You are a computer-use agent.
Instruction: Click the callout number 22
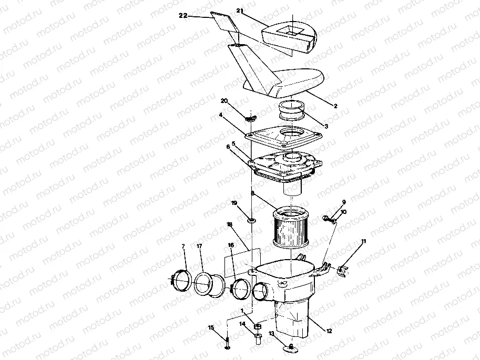tap(183, 16)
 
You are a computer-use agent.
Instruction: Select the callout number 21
tap(240, 10)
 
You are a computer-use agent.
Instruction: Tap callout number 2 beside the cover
tap(335, 106)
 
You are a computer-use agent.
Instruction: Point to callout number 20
tap(224, 100)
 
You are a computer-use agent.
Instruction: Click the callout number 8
tap(252, 193)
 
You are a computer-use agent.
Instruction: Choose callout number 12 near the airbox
tap(329, 331)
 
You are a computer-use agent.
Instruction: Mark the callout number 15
tap(211, 327)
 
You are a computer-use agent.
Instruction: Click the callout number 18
tap(230, 224)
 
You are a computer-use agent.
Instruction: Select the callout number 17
tap(199, 246)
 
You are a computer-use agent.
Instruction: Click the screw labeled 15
tap(227, 342)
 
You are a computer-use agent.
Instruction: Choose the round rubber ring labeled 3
tap(292, 111)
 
